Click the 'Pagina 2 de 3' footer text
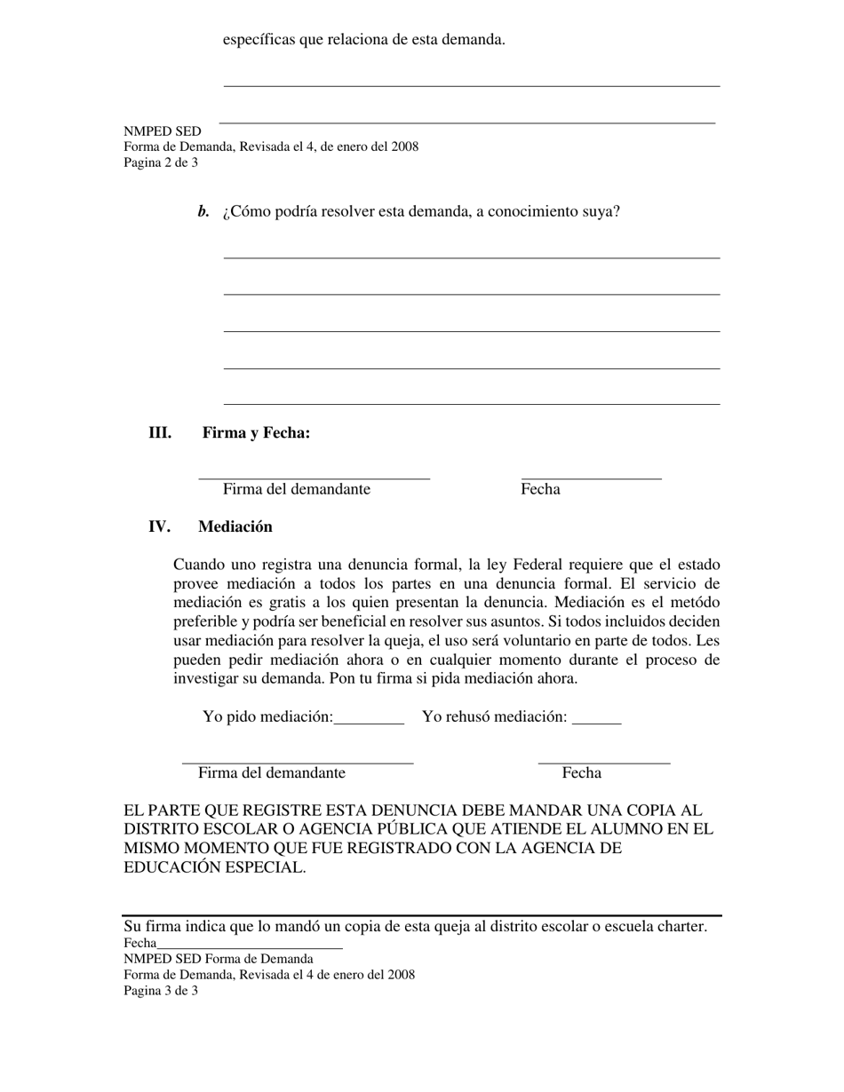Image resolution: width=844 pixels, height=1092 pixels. click(161, 162)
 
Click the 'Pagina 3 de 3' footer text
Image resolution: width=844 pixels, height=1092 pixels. click(161, 990)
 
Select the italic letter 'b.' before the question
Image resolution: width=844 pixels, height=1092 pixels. click(203, 211)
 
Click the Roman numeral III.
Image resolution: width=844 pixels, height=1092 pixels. click(160, 433)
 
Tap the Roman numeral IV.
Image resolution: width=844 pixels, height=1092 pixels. click(159, 526)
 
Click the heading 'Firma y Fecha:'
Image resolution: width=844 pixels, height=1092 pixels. click(256, 433)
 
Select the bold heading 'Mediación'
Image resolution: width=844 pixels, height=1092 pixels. click(235, 526)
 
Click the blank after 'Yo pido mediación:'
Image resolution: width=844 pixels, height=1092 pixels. click(369, 719)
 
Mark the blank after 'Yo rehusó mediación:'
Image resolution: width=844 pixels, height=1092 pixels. click(596, 719)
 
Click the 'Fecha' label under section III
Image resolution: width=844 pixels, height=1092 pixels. click(540, 489)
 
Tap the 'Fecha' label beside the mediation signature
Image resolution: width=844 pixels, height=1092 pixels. click(581, 773)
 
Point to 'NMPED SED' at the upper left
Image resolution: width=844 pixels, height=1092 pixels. click(163, 131)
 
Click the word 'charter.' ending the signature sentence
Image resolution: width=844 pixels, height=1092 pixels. click(680, 927)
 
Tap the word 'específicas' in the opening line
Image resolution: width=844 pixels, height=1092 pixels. click(259, 40)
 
